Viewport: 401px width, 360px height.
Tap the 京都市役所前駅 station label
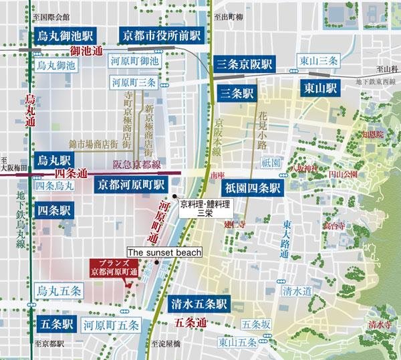(161, 35)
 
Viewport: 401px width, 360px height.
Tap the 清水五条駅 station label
(199, 302)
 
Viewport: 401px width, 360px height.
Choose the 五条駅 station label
(55, 325)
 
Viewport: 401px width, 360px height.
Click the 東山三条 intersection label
(318, 62)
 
